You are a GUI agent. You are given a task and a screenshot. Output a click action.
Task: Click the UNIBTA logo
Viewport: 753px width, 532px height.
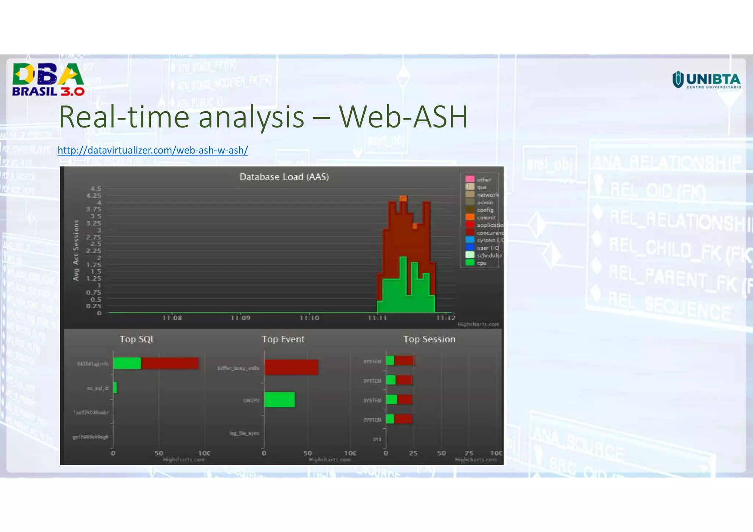point(706,80)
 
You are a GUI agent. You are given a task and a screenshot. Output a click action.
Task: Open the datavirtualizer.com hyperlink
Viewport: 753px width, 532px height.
point(153,150)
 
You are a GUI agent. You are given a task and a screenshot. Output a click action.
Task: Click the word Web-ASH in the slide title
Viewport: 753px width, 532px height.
point(403,117)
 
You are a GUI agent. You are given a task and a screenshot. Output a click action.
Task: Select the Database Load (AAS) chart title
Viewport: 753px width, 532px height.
point(284,177)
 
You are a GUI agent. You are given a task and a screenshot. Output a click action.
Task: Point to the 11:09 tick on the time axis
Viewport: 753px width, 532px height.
point(240,318)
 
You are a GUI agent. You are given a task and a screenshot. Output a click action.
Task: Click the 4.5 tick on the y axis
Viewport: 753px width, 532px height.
point(96,188)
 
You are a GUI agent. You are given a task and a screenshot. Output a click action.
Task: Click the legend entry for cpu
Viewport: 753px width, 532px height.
point(481,263)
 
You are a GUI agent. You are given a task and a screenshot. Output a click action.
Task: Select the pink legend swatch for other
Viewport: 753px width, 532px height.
point(470,179)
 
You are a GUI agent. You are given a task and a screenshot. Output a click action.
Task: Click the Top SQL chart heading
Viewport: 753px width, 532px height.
point(137,339)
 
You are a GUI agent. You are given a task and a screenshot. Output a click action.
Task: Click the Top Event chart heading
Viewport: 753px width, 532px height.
point(283,339)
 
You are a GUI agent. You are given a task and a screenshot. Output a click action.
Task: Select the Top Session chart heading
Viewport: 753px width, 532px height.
point(429,339)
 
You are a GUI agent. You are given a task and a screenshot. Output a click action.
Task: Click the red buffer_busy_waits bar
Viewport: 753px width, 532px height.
point(291,367)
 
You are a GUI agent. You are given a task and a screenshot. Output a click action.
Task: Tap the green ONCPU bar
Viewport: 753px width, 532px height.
point(279,400)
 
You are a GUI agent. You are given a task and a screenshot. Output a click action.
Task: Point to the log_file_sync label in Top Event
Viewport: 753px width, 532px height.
point(245,433)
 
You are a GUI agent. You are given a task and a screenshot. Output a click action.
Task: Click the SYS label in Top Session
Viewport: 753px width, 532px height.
point(377,439)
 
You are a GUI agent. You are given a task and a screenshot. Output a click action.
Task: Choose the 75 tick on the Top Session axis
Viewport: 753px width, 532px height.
point(469,453)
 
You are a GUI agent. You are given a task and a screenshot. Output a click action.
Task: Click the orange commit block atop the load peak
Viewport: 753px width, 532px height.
point(403,198)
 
